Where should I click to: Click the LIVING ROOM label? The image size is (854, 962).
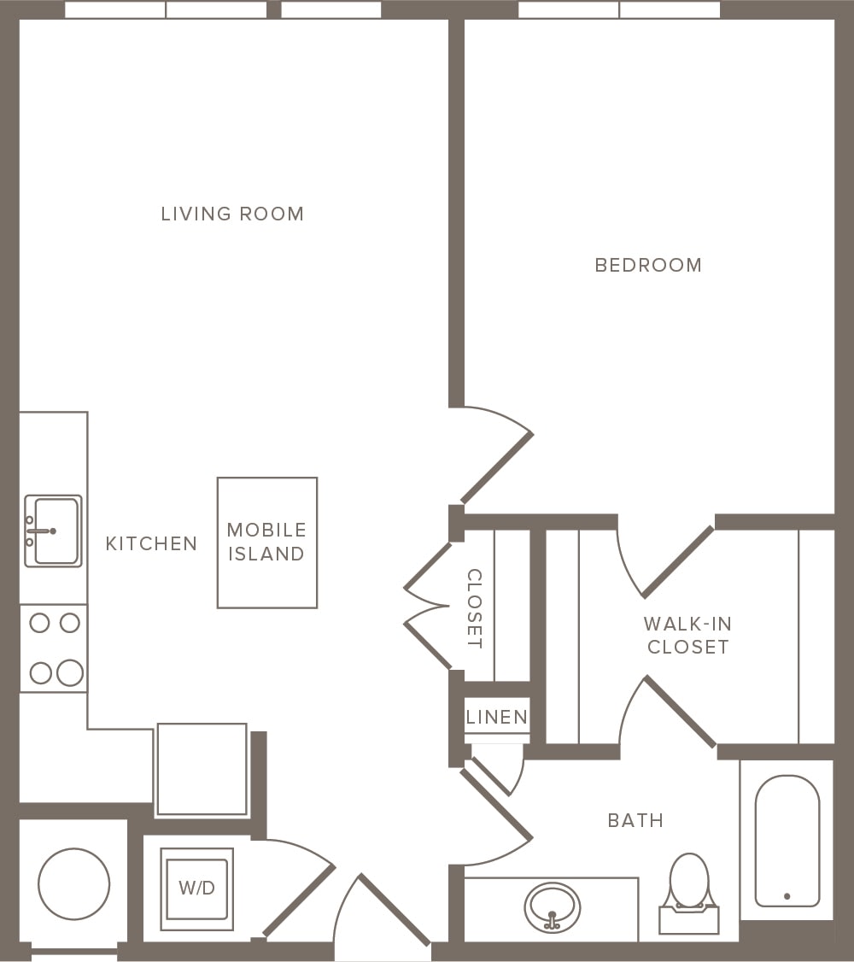[232, 214]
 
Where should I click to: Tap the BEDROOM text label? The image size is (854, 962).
[648, 265]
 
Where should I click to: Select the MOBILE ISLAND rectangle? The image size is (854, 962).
[267, 543]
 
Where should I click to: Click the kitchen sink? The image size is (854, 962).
[54, 531]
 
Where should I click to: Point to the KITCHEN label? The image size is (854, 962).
[151, 543]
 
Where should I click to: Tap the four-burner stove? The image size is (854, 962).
[54, 648]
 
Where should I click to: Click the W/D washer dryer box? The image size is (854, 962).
[196, 889]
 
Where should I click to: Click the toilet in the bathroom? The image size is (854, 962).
[689, 889]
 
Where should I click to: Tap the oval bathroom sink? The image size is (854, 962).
[552, 907]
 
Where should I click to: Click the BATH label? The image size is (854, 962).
[635, 821]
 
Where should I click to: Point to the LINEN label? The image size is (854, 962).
[497, 718]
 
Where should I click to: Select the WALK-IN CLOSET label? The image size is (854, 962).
[687, 636]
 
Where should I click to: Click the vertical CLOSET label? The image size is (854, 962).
[475, 608]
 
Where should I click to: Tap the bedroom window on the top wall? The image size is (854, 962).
[619, 10]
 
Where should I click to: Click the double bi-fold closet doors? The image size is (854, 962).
[427, 607]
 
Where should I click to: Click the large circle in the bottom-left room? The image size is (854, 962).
[74, 883]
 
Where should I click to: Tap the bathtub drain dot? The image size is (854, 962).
[787, 896]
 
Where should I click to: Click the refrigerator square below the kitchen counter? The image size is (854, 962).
[202, 770]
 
